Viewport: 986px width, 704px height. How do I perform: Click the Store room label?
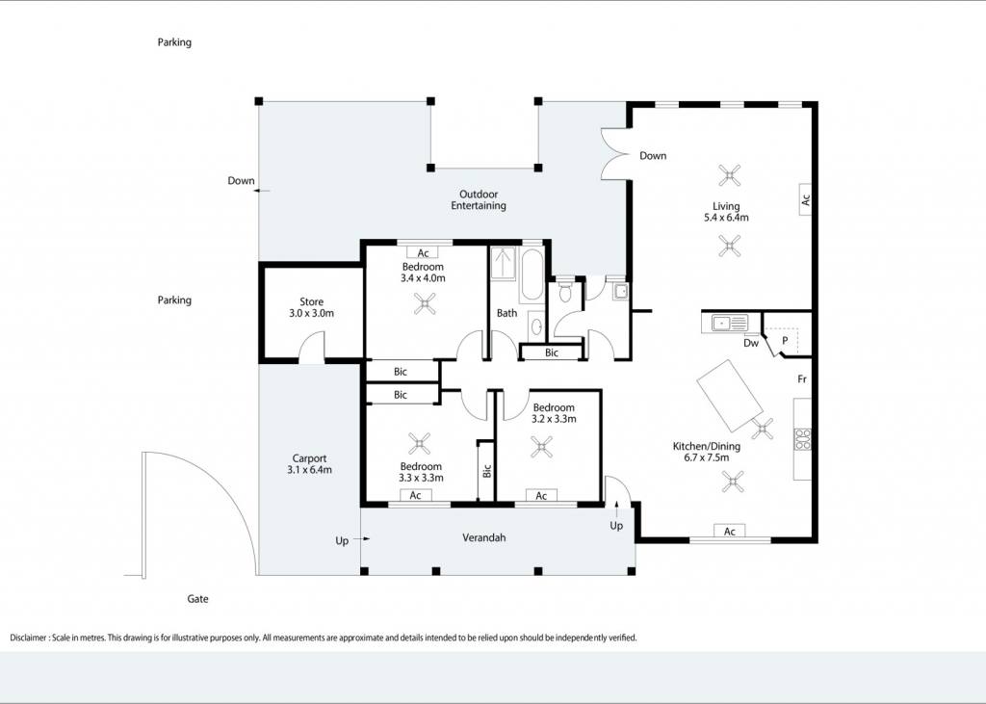click(x=311, y=307)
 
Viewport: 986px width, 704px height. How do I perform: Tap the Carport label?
click(x=309, y=464)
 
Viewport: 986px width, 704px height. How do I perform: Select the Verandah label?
click(x=483, y=538)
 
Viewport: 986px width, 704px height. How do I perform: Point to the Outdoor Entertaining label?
click(x=479, y=200)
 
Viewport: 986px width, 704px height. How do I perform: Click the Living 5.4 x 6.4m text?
click(x=726, y=212)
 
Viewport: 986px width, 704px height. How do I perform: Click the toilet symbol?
click(x=564, y=291)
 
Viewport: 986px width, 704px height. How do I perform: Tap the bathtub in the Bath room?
click(x=532, y=274)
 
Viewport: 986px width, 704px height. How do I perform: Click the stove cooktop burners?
click(x=802, y=439)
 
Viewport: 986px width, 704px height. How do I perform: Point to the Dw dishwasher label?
click(x=751, y=343)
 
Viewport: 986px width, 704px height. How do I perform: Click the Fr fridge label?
click(x=802, y=378)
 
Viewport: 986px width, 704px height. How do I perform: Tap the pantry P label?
click(x=785, y=340)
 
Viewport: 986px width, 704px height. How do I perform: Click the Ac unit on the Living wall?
click(x=805, y=199)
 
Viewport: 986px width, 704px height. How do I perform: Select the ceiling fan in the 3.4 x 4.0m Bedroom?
click(x=425, y=304)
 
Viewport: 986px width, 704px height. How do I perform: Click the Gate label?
click(x=197, y=599)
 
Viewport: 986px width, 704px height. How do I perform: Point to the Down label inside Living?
click(x=653, y=155)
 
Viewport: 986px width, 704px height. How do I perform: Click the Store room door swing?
click(x=311, y=348)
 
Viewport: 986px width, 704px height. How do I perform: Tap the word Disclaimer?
click(x=28, y=638)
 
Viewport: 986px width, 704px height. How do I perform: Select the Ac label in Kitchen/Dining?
click(x=730, y=532)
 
